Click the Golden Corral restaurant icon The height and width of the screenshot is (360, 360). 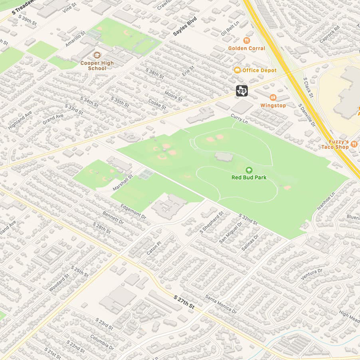coord(247,41)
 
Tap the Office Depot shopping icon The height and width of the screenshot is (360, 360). coord(237,70)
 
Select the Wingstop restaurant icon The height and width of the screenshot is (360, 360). coord(273,98)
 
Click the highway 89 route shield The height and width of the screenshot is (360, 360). coord(242,91)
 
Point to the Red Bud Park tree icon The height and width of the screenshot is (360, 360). coord(248,170)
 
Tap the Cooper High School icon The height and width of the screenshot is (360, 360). coord(96,55)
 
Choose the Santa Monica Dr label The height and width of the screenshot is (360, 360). coord(221,304)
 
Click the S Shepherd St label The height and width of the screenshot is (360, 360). coord(212,222)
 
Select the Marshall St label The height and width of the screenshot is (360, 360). coord(123,183)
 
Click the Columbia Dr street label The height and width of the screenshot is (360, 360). coord(102,342)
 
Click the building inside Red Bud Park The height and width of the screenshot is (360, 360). coord(224,157)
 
